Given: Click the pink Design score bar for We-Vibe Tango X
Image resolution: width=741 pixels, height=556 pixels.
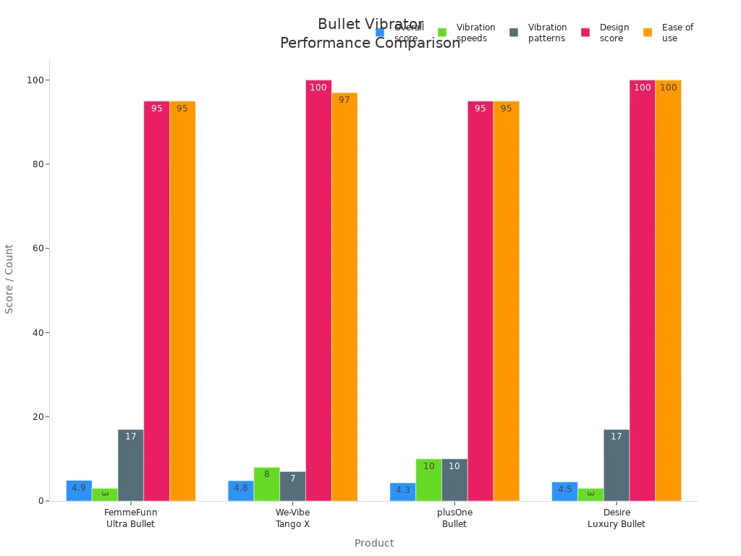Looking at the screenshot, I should click(x=318, y=290).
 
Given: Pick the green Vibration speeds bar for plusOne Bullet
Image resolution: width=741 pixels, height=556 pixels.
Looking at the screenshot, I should click(x=428, y=479).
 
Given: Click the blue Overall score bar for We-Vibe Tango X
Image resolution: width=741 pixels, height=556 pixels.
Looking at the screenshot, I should click(x=240, y=491).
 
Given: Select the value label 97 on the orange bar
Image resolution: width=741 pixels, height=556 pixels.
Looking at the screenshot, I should click(x=344, y=100).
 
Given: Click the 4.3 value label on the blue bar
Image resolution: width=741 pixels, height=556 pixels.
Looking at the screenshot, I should click(x=402, y=490).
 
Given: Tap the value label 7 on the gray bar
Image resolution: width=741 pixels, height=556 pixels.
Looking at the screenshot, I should click(x=292, y=479).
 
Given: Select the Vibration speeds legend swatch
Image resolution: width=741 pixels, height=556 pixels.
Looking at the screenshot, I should click(x=442, y=33).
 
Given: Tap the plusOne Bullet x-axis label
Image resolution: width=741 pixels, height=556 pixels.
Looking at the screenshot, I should click(x=454, y=518).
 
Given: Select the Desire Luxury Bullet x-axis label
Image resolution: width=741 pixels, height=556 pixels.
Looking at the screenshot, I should click(x=616, y=518).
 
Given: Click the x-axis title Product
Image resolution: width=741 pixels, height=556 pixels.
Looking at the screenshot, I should click(x=373, y=543).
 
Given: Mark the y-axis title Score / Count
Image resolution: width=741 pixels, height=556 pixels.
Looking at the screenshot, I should click(x=9, y=279).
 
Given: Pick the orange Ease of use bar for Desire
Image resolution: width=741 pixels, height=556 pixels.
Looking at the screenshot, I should click(x=668, y=290).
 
